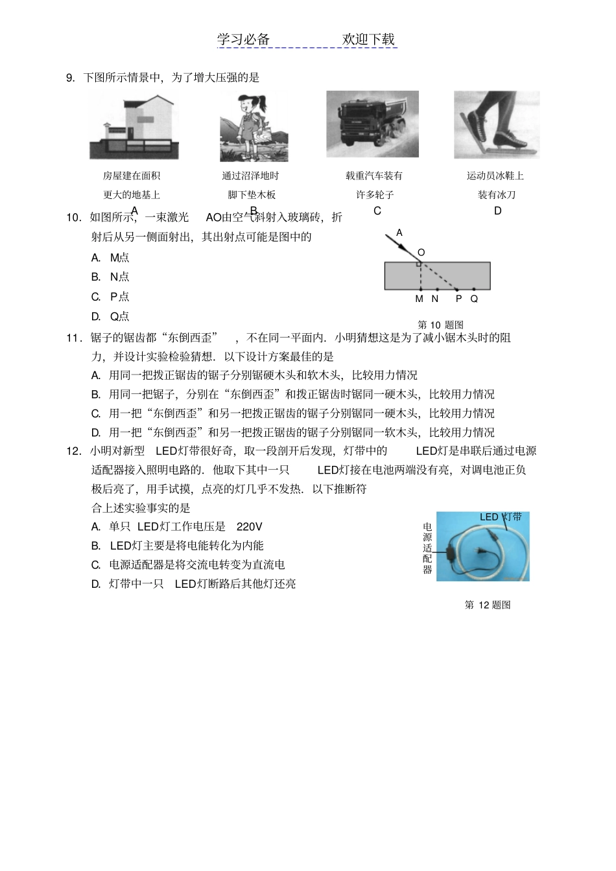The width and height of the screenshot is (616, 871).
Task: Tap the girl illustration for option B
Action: click(254, 127)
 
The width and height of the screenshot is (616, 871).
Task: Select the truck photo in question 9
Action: click(372, 124)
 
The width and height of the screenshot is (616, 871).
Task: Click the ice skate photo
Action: click(496, 124)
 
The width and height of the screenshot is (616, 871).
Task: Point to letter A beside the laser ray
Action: click(399, 233)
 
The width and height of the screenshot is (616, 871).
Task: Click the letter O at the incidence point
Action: click(421, 253)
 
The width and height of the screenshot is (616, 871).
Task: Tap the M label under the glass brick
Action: click(419, 299)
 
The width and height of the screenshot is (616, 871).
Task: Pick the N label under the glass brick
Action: click(435, 299)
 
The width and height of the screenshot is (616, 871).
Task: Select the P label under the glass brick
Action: click(458, 299)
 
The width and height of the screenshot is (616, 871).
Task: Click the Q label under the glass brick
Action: click(474, 299)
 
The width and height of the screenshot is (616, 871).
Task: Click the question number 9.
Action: click(70, 78)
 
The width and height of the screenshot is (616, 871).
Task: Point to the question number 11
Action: click(73, 338)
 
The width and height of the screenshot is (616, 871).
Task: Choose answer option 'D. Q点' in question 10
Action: click(110, 316)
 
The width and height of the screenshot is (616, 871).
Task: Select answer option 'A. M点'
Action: click(110, 257)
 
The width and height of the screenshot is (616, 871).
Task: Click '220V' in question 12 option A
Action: click(250, 527)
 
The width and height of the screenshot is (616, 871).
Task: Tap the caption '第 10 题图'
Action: click(440, 325)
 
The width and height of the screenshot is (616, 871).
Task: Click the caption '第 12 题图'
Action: click(488, 605)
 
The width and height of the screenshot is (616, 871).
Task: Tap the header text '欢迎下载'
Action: click(368, 40)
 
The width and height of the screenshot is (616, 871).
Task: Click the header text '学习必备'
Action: click(243, 40)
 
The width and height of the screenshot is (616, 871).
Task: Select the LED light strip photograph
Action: click(482, 546)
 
